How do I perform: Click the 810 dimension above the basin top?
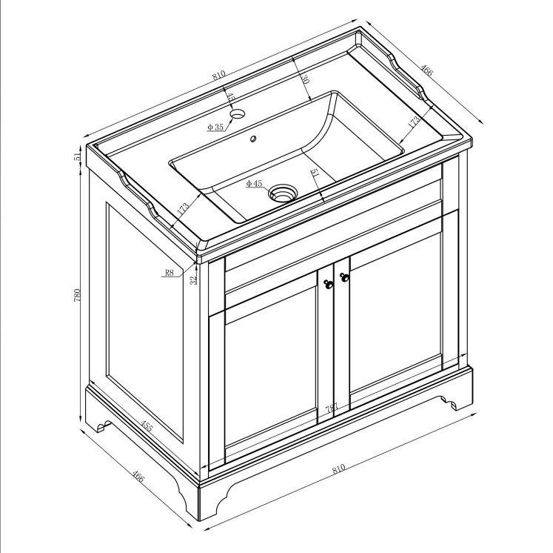218,76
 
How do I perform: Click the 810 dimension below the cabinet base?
339,469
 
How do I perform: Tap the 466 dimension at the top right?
426,71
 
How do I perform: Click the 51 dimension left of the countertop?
77,156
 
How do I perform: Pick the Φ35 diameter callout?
215,128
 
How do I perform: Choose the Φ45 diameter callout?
255,183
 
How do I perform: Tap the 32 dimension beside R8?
194,280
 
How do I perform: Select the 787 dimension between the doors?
332,408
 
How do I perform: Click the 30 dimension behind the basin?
304,80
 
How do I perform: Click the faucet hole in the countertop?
238,115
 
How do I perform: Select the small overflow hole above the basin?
253,138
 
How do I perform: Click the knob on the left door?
328,283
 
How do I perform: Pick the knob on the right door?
343,278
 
